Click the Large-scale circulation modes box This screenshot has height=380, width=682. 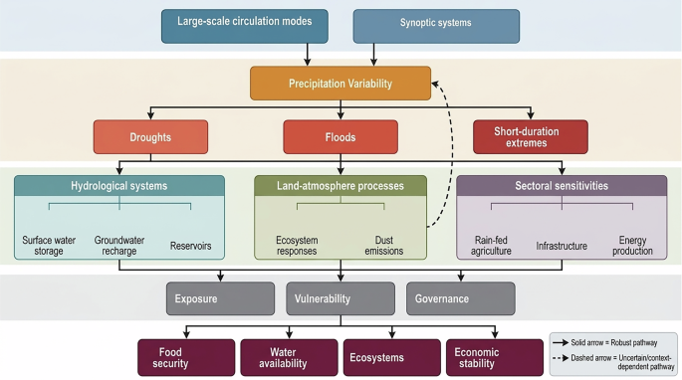pyautogui.click(x=245, y=26)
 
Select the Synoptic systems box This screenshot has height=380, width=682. pyautogui.click(x=436, y=26)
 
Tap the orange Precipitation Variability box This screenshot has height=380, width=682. pyautogui.click(x=341, y=83)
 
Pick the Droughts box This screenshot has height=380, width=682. pyautogui.click(x=150, y=137)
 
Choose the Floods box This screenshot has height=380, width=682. pyautogui.click(x=341, y=137)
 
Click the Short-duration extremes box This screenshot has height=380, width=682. pyautogui.click(x=531, y=137)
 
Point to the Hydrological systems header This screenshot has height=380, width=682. pyautogui.click(x=119, y=186)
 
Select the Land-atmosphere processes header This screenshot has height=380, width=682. pyautogui.click(x=341, y=186)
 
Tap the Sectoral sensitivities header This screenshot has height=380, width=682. pyautogui.click(x=562, y=186)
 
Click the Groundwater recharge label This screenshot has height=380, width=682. pyautogui.click(x=119, y=246)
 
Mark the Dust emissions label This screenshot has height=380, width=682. pyautogui.click(x=383, y=246)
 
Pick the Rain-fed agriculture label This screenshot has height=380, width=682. pyautogui.click(x=491, y=246)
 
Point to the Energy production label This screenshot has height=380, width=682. pyautogui.click(x=632, y=246)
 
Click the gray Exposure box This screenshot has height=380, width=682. pyautogui.click(x=220, y=298)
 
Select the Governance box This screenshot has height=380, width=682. pyautogui.click(x=461, y=298)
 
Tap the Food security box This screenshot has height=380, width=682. pyautogui.click(x=186, y=357)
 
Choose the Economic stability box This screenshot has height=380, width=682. pyautogui.click(x=495, y=357)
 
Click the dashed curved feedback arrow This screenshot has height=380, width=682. pyautogui.click(x=451, y=152)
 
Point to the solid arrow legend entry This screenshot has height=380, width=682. pyautogui.click(x=604, y=342)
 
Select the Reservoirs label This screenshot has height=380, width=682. pyautogui.click(x=190, y=246)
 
